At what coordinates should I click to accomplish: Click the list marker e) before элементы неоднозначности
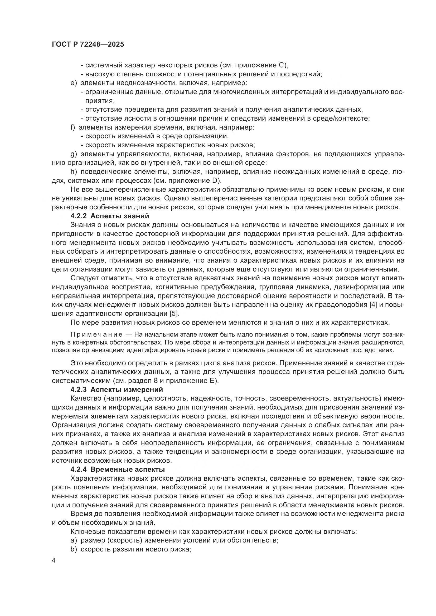[74, 83]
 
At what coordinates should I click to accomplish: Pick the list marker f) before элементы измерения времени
[73, 127]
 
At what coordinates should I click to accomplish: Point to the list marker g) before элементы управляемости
[74, 154]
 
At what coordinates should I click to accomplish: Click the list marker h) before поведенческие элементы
[74, 172]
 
